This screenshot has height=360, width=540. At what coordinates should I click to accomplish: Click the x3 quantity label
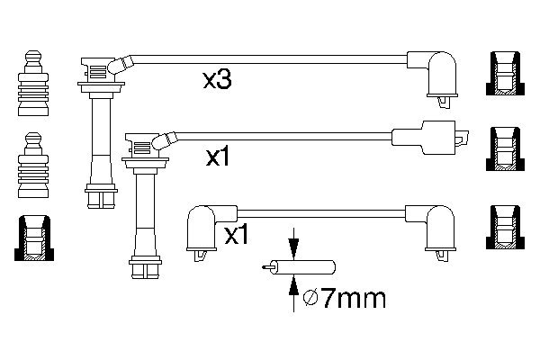click(x=217, y=81)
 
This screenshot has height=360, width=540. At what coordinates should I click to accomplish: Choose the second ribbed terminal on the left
click(x=32, y=164)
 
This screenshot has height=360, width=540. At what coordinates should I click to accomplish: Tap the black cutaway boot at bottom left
click(x=32, y=238)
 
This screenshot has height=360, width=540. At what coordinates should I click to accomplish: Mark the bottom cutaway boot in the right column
click(x=507, y=225)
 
